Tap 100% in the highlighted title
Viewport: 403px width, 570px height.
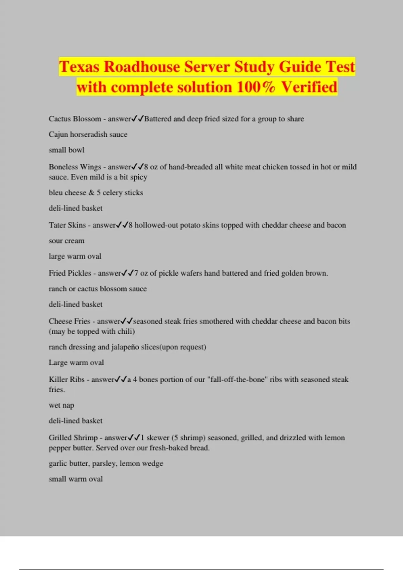point(256,87)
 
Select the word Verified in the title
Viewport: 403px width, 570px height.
point(309,87)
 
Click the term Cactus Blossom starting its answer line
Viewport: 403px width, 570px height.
point(75,119)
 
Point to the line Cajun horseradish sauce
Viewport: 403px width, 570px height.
point(88,134)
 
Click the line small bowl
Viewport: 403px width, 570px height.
point(66,150)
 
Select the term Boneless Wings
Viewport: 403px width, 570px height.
point(75,167)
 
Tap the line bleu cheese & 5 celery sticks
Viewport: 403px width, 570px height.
point(96,192)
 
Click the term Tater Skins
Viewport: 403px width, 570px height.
point(67,225)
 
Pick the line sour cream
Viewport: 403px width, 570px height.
point(66,241)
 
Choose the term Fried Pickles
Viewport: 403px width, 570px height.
point(70,273)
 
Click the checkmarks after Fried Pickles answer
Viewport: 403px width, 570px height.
point(128,273)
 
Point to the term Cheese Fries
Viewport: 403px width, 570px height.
point(70,321)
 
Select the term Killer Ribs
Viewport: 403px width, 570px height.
point(66,380)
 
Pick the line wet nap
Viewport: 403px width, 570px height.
point(61,405)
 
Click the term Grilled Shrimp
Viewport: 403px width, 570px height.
point(73,438)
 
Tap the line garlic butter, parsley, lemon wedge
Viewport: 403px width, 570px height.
point(106,463)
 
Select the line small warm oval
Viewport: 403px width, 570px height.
point(76,479)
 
